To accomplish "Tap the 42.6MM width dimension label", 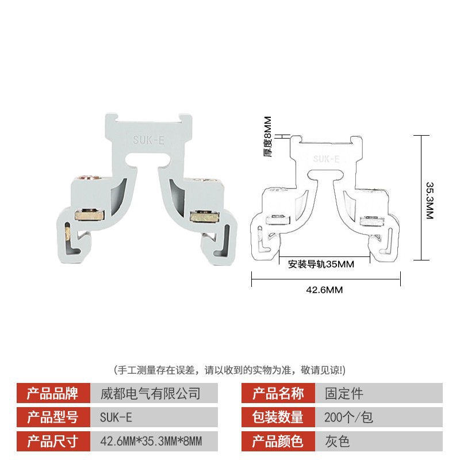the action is coord(325,290).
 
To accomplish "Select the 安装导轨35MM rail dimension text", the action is coord(320,264).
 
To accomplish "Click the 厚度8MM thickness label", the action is coord(268,137).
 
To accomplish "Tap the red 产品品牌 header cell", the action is coord(52,394).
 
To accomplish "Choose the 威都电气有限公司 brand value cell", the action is coord(151,394).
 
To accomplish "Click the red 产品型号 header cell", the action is coord(52,417).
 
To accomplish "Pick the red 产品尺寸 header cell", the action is coord(52,442).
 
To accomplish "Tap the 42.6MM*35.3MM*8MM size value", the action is coord(151,442).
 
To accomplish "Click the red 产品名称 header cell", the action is coord(278,394).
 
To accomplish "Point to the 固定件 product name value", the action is coord(344,394).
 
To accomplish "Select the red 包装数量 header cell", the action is coord(278,417).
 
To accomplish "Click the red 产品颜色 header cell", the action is coord(278,442).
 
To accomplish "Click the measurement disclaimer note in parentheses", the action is coord(230,369).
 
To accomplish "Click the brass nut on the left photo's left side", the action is coord(87,214).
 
